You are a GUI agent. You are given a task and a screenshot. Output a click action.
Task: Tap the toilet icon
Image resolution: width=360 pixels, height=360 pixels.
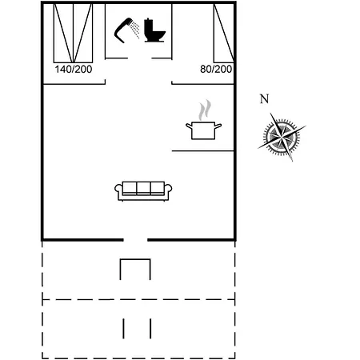pos(154,30)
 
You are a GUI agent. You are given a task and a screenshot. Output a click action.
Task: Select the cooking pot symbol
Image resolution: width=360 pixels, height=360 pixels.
pos(203,130)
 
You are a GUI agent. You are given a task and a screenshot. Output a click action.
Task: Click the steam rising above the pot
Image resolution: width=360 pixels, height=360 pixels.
pos(205,110)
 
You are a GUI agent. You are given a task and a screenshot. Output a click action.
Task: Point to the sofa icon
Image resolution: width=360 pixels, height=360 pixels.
pos(143,191)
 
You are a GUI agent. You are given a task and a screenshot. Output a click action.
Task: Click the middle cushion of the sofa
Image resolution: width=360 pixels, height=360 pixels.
pos(143,188)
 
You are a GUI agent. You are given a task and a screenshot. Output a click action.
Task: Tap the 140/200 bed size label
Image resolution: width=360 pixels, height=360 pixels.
pos(74,70)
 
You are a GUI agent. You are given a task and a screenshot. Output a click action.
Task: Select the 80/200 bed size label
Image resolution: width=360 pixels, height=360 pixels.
pos(216,70)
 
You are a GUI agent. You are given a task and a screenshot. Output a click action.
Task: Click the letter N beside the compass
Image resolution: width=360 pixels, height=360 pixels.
pos(264,99)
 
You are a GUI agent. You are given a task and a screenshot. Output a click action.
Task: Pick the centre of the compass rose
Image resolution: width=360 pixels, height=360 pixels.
pos(282,137)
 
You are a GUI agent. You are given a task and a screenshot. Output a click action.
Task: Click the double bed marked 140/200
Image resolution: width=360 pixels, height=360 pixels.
pos(73,33)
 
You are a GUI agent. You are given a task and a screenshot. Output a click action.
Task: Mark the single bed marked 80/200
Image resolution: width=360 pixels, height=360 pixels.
pos(223,33)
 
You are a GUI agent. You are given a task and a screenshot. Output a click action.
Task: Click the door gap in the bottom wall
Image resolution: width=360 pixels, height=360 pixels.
pos(135,240)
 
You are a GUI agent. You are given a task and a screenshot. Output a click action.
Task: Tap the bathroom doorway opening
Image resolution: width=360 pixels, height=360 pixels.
pos(140,58)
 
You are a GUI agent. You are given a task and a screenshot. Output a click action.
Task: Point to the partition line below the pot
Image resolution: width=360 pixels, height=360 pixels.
pos(202,151)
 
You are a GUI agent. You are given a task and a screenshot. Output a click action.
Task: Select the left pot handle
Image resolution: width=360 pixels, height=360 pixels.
pos(189,126)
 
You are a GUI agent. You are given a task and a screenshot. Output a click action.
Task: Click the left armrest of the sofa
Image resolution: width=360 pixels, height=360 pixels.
pos(118,190)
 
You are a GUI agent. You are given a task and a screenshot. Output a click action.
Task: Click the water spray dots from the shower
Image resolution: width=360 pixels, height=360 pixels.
pos(135,30)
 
